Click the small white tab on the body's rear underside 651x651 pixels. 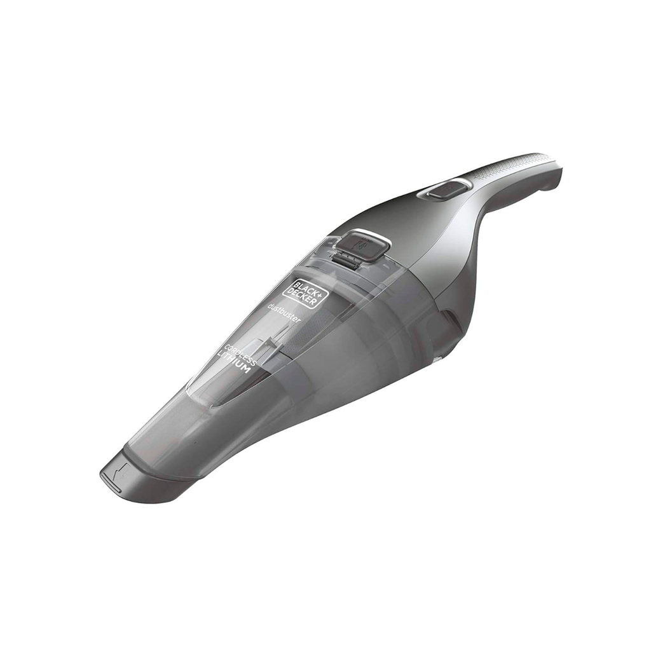tap(437, 360)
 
